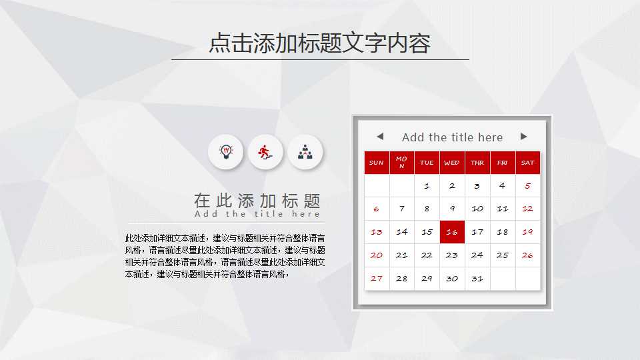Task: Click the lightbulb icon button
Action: pos(225,152)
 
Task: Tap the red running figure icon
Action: pos(265,152)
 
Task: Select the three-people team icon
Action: pos(305,152)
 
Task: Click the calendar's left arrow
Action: pos(380,137)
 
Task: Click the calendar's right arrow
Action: pos(524,137)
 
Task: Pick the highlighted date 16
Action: pos(452,232)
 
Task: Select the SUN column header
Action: pos(377,163)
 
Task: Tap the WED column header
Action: pos(452,163)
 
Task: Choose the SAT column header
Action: pos(528,163)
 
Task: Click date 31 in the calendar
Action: pos(477,279)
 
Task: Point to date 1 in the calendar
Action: pos(427,186)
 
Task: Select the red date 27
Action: pos(377,279)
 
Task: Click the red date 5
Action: pos(528,186)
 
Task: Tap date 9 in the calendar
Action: pos(452,209)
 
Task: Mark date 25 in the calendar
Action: pos(503,255)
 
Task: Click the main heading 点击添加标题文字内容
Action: pos(320,43)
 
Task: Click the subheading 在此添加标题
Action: pos(257,200)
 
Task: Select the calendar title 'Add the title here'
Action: pos(452,137)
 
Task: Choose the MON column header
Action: pos(401,163)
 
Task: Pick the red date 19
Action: pos(528,232)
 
